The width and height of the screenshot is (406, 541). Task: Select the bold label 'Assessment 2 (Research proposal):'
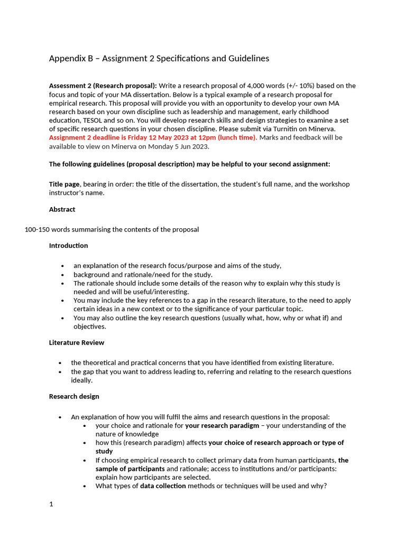(103, 86)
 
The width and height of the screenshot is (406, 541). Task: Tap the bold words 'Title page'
(64, 184)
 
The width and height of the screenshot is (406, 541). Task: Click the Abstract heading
(62, 209)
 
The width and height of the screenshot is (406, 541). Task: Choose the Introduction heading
(68, 245)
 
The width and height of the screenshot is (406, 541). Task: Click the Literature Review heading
(77, 342)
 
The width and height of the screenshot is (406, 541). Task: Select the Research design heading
(74, 396)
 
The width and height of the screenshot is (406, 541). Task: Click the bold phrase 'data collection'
(163, 486)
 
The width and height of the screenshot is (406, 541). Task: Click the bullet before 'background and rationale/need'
(63, 275)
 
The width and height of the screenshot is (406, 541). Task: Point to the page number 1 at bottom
(51, 504)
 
